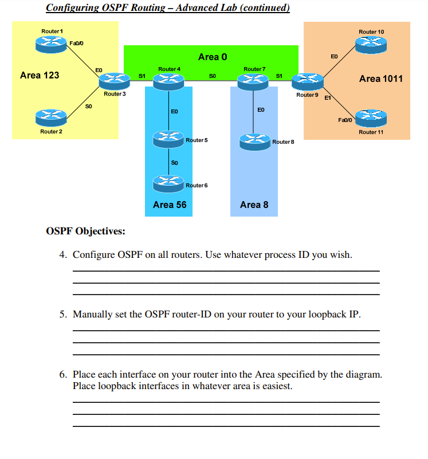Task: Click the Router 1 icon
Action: tap(52, 42)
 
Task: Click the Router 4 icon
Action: tap(168, 81)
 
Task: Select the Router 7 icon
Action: tap(254, 81)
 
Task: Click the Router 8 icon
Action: tap(254, 140)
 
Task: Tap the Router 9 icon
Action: tap(307, 81)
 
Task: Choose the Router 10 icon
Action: tap(371, 43)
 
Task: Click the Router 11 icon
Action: tap(371, 119)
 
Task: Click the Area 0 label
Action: tap(212, 57)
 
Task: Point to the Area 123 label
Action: tap(39, 75)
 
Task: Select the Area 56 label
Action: tap(170, 205)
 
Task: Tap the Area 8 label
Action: tap(254, 205)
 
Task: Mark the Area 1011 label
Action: tap(380, 79)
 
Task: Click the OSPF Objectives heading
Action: tap(85, 231)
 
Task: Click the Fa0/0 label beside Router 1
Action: tap(76, 43)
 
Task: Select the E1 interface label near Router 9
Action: tap(328, 99)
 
